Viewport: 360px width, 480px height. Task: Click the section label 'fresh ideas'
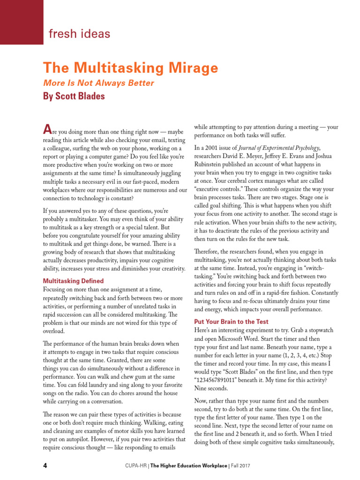(80, 34)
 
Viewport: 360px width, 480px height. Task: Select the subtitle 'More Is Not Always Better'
(98, 83)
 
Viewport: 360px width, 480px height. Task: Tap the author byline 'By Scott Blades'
(74, 97)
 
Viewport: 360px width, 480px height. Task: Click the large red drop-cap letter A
(46, 128)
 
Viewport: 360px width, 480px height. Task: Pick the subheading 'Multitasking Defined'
(73, 281)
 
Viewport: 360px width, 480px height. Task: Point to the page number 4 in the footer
(45, 465)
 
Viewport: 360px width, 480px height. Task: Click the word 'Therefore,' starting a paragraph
(208, 251)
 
